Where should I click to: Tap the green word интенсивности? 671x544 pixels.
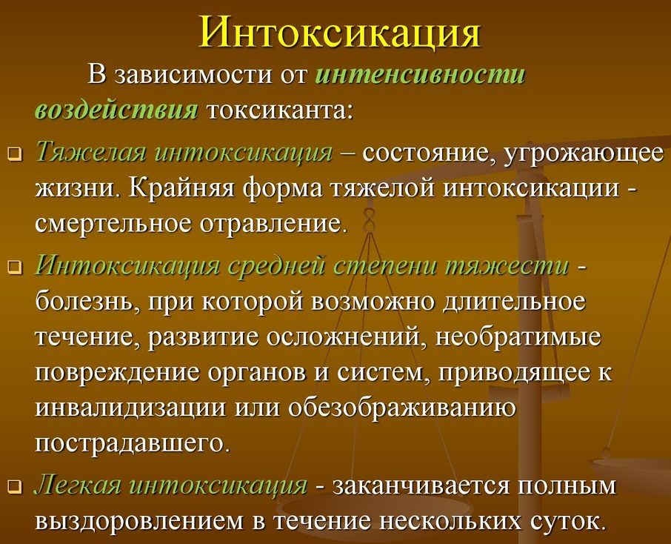click(420, 75)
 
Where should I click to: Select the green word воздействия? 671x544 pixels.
click(116, 110)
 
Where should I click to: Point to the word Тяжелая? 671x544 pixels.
click(90, 153)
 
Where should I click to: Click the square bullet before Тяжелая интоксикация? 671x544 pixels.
click(15, 155)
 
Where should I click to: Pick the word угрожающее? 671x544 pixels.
click(585, 153)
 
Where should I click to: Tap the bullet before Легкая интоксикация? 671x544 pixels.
click(15, 487)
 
